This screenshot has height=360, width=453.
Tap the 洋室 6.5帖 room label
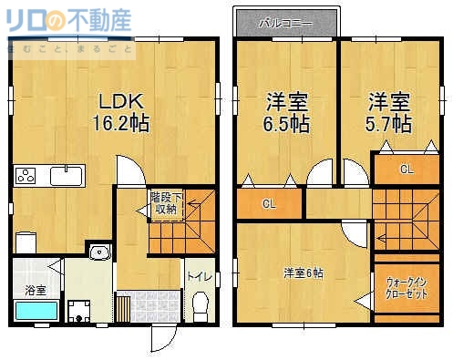(287, 112)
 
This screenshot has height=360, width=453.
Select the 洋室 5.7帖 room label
(390, 112)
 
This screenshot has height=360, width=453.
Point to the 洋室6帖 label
(302, 273)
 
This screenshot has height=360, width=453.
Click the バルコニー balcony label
(286, 21)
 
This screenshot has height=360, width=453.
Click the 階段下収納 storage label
(165, 202)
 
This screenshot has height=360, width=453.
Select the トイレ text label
(196, 275)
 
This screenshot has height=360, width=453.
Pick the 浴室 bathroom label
(36, 291)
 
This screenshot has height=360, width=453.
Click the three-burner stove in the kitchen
(26, 175)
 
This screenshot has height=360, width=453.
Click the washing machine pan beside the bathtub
(84, 310)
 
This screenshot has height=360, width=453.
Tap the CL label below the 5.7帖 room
(406, 170)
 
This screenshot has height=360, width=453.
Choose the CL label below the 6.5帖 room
(269, 203)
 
